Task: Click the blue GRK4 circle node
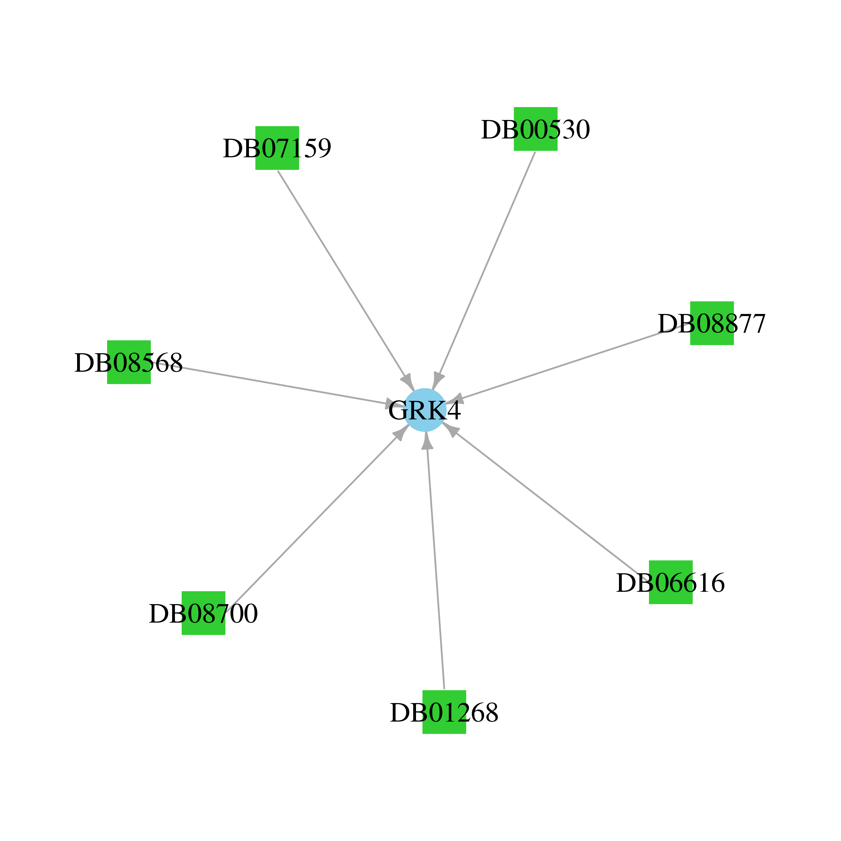[424, 410]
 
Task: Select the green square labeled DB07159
[277, 148]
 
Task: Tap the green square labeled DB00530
[535, 129]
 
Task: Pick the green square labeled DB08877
[712, 323]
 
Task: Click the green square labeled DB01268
[444, 712]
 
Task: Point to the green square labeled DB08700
[203, 613]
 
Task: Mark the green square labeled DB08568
[129, 362]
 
